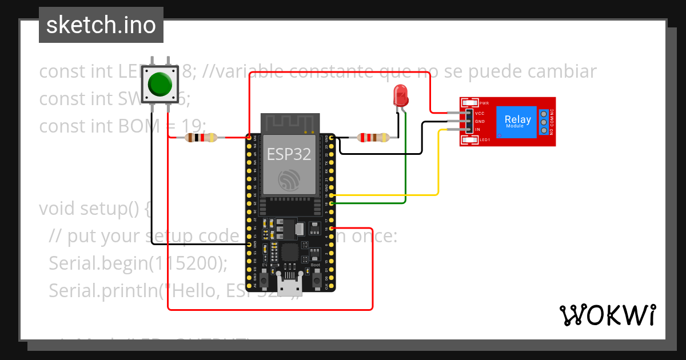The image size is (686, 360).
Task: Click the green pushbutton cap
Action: coord(159,85)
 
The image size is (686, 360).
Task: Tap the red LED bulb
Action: coord(401,94)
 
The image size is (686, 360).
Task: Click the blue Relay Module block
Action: coord(517,122)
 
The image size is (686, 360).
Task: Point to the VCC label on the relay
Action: coord(480,114)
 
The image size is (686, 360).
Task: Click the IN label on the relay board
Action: coord(478,130)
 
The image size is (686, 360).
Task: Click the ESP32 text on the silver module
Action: coord(289,153)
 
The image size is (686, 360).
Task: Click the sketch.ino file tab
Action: coord(101,25)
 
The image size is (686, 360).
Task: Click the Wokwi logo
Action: coord(607,315)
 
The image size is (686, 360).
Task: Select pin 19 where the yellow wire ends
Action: coord(331,195)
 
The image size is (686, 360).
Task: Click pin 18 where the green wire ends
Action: coord(331,203)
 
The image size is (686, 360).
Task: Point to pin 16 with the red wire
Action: coord(331,227)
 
